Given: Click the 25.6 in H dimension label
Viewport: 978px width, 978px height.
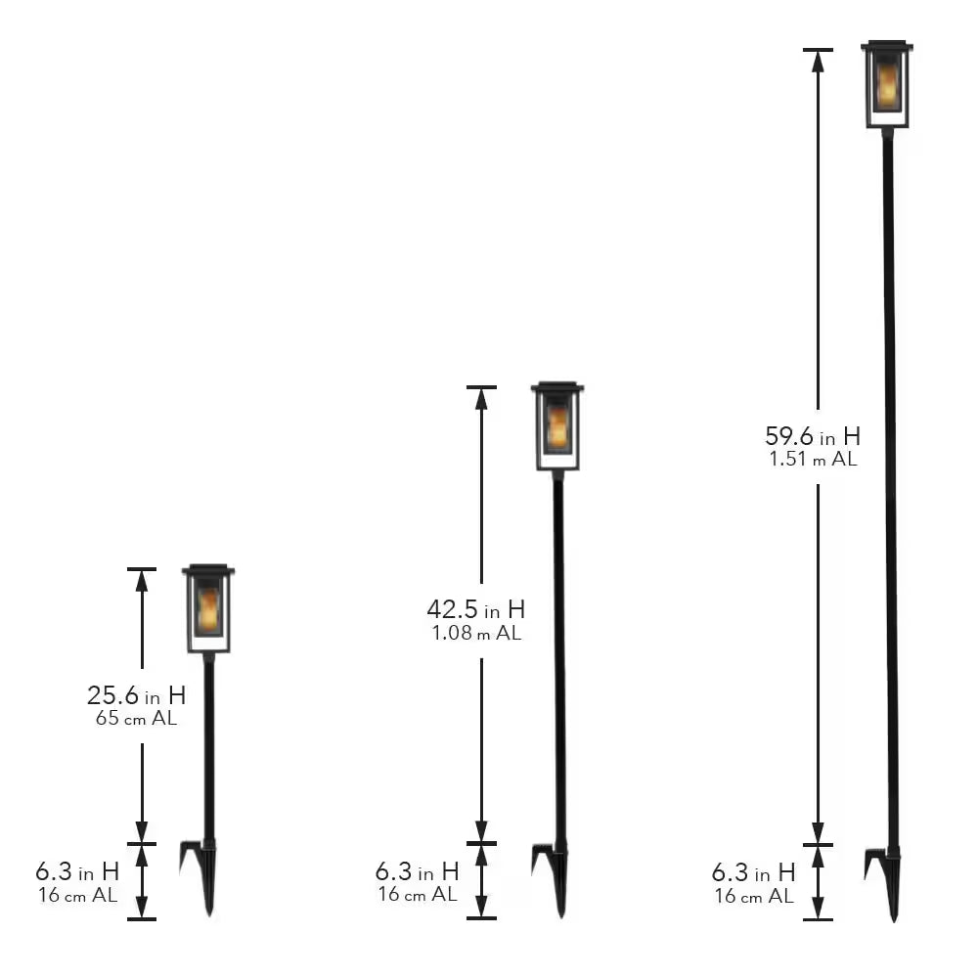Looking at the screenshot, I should pyautogui.click(x=136, y=696).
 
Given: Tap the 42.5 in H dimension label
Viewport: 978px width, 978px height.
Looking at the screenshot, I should pyautogui.click(x=475, y=609).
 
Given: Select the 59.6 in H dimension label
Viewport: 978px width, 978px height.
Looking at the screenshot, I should pyautogui.click(x=813, y=436).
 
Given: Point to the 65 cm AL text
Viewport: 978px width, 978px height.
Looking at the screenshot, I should pyautogui.click(x=136, y=719).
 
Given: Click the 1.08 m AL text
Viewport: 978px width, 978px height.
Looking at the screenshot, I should pyautogui.click(x=476, y=633).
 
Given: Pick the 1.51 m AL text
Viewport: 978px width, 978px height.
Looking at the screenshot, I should pyautogui.click(x=813, y=460).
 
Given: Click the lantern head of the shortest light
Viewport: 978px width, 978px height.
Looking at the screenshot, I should pyautogui.click(x=208, y=609).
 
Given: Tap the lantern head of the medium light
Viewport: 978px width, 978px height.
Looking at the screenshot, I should pyautogui.click(x=557, y=426).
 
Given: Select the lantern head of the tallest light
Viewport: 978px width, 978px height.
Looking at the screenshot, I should pyautogui.click(x=887, y=85).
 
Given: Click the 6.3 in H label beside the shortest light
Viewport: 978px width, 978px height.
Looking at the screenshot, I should pyautogui.click(x=77, y=870).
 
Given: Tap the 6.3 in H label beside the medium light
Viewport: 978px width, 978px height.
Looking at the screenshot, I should pyautogui.click(x=417, y=870).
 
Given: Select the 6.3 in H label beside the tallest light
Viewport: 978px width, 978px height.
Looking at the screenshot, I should pyautogui.click(x=753, y=872).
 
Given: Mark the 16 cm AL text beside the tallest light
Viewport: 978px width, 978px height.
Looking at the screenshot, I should pyautogui.click(x=753, y=896).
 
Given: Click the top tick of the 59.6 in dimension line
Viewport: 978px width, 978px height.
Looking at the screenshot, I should pyautogui.click(x=818, y=50).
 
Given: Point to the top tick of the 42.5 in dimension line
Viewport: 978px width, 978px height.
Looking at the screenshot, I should pyautogui.click(x=481, y=388).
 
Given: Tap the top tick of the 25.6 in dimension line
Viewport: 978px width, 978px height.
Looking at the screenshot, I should pyautogui.click(x=142, y=569).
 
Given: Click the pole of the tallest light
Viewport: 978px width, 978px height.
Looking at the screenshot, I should pyautogui.click(x=890, y=489).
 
